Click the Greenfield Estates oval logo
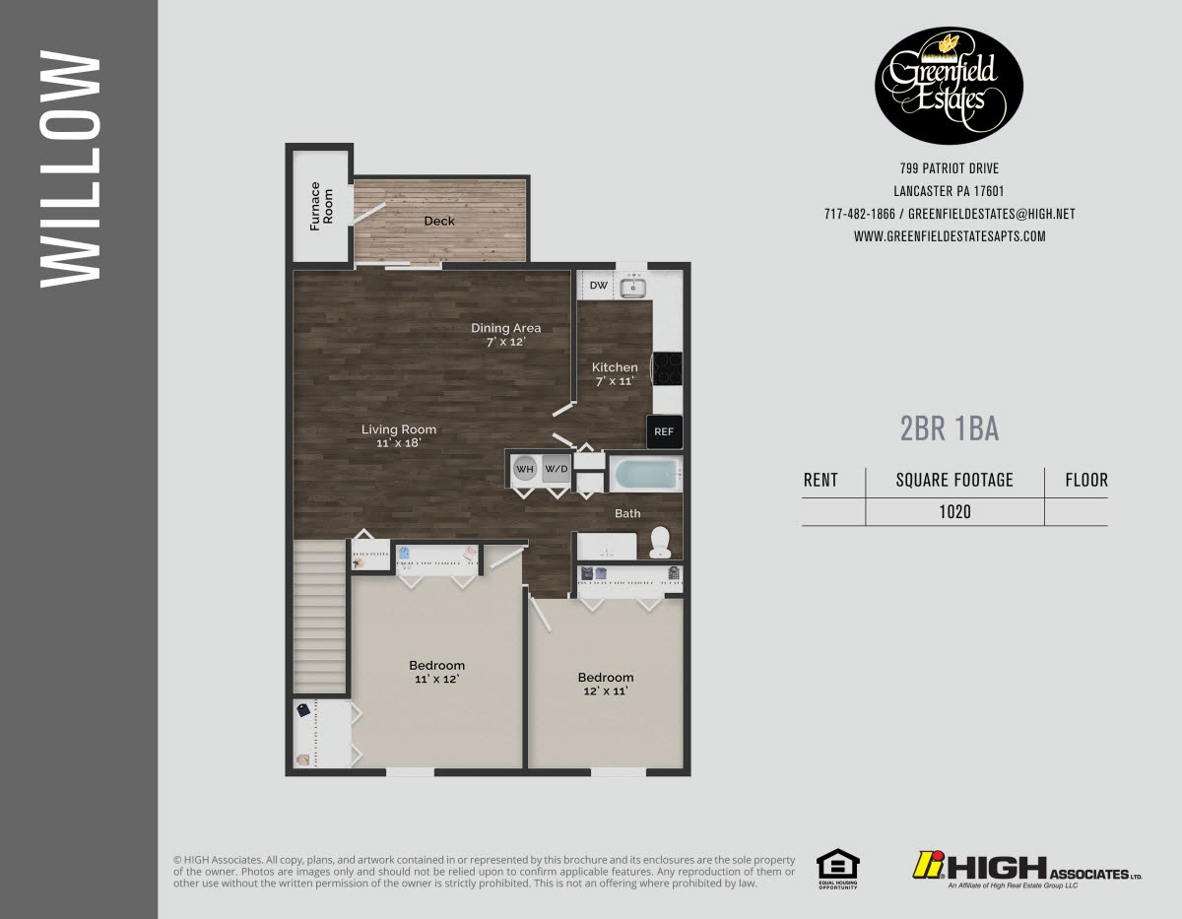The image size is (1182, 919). [949, 86]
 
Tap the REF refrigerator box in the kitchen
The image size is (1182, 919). [664, 431]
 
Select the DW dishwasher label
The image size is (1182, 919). [598, 286]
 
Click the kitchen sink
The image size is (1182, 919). [632, 287]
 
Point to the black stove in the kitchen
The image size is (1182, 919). [668, 368]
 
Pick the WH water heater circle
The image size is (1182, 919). [524, 469]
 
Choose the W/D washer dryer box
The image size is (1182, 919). [557, 469]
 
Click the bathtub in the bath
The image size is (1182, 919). [646, 476]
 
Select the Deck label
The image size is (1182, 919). [439, 221]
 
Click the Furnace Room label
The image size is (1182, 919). [322, 206]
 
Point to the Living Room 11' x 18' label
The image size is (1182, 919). [398, 435]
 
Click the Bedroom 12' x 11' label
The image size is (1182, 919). [605, 684]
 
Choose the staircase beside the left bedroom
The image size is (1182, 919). [320, 615]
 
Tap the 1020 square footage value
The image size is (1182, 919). [954, 511]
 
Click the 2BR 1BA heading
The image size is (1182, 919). [950, 428]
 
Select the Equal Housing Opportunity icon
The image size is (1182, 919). [837, 868]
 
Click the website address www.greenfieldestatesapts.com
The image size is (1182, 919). [949, 236]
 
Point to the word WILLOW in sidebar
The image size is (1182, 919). [70, 169]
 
